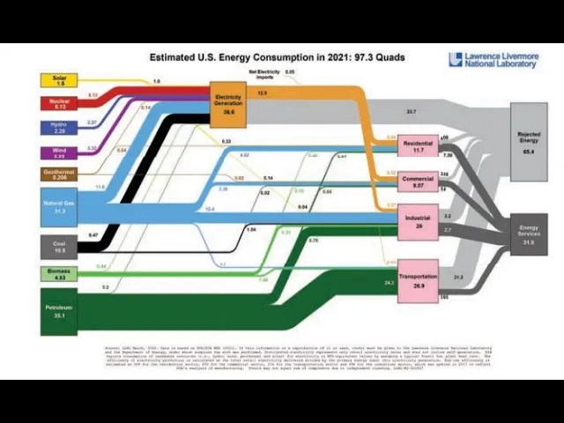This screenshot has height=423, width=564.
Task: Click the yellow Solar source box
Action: tap(60, 80)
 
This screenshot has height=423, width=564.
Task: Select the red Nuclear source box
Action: tap(60, 104)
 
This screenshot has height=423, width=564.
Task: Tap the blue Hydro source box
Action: tap(60, 128)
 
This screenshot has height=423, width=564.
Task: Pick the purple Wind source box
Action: tap(60, 152)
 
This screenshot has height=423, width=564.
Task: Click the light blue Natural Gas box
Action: tap(60, 207)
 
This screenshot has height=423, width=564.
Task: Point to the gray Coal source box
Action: tap(60, 245)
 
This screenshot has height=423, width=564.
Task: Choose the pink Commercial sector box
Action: tap(419, 182)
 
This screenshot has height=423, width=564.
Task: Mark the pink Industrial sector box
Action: tap(419, 220)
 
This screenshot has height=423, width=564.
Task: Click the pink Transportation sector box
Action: tap(419, 281)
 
